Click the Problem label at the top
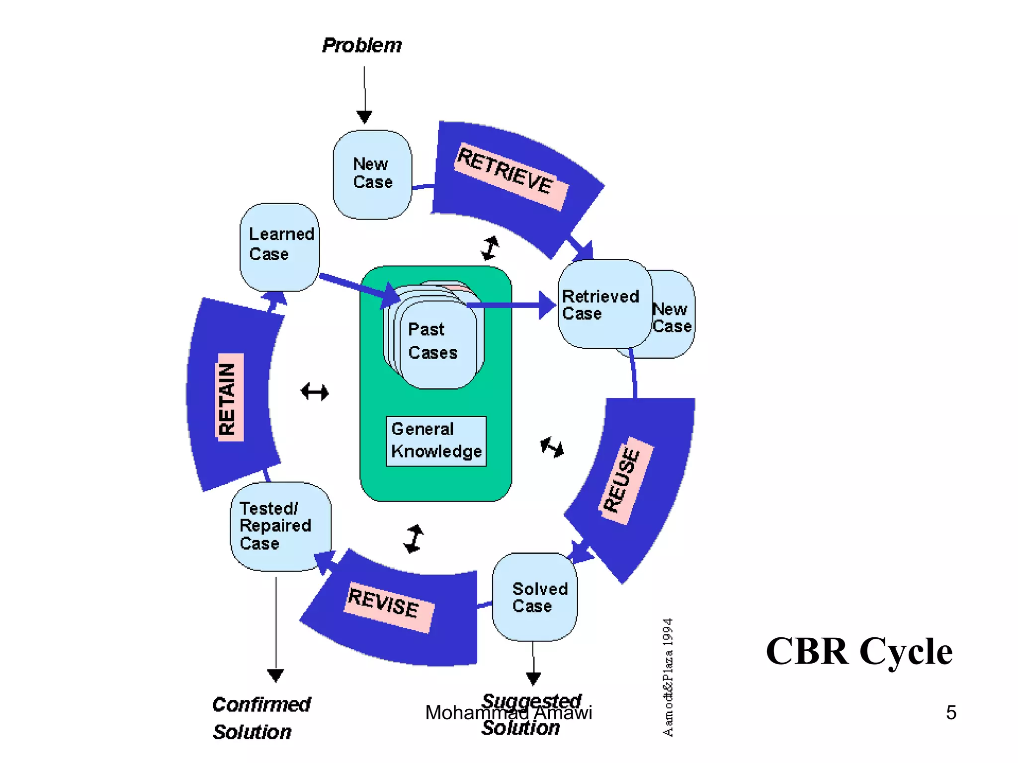(x=362, y=45)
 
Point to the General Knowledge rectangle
(x=436, y=441)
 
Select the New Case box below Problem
(x=372, y=174)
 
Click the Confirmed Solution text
(x=261, y=718)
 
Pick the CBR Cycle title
(x=858, y=651)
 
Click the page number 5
(x=950, y=712)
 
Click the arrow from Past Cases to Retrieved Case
(x=512, y=305)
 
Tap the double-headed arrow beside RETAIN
(x=315, y=392)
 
